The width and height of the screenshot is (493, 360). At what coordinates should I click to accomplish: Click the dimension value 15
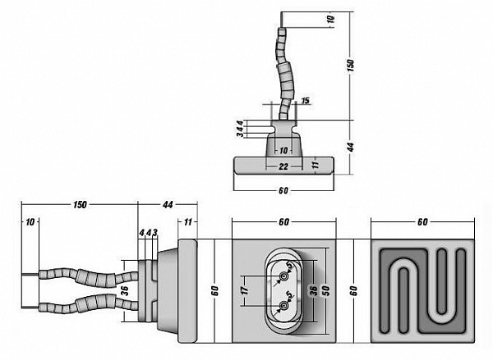pyautogui.click(x=305, y=101)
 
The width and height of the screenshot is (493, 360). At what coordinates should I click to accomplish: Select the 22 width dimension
pyautogui.click(x=283, y=167)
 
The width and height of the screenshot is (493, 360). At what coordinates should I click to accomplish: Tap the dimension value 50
pyautogui.click(x=325, y=291)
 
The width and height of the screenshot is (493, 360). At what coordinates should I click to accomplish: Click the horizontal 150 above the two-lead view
pyautogui.click(x=80, y=203)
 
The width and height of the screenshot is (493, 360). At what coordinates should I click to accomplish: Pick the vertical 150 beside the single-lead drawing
pyautogui.click(x=350, y=64)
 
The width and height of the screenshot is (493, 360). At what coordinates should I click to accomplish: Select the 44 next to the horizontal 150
pyautogui.click(x=168, y=203)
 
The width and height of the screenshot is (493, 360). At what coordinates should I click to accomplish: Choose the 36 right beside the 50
pyautogui.click(x=312, y=291)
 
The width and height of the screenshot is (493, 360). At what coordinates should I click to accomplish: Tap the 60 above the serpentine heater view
pyautogui.click(x=422, y=221)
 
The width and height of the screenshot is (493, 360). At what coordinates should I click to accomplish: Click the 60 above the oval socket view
pyautogui.click(x=283, y=221)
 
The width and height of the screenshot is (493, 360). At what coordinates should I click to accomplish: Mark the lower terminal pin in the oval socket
pyautogui.click(x=284, y=306)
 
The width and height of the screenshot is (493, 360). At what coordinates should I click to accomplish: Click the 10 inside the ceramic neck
pyautogui.click(x=283, y=151)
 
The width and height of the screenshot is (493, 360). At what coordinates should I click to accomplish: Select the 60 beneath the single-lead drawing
pyautogui.click(x=283, y=191)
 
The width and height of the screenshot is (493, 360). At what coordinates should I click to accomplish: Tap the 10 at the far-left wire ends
pyautogui.click(x=30, y=222)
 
